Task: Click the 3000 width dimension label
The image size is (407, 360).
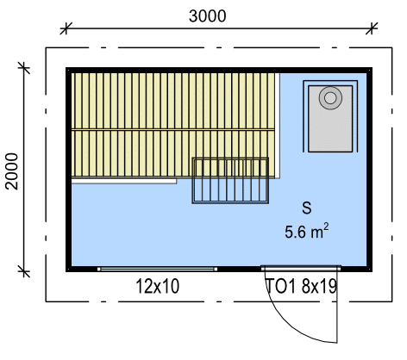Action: [x=207, y=16]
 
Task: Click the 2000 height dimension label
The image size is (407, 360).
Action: [x=12, y=171]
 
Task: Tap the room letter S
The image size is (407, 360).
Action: [x=307, y=208]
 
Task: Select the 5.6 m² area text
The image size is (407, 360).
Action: [x=306, y=231]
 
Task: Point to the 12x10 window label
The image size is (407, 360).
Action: [x=158, y=286]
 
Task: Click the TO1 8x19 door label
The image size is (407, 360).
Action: [x=302, y=286]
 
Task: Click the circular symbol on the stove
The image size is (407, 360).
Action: [x=330, y=98]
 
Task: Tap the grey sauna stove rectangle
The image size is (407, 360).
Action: [x=330, y=119]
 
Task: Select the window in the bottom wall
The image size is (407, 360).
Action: [x=157, y=269]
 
